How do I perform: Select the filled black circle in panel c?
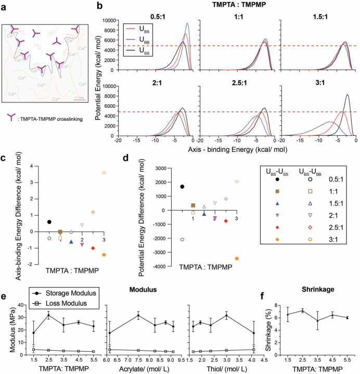click(x=49, y=222)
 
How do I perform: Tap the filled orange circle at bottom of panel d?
click(x=237, y=259)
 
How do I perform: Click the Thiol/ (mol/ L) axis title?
click(x=224, y=367)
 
